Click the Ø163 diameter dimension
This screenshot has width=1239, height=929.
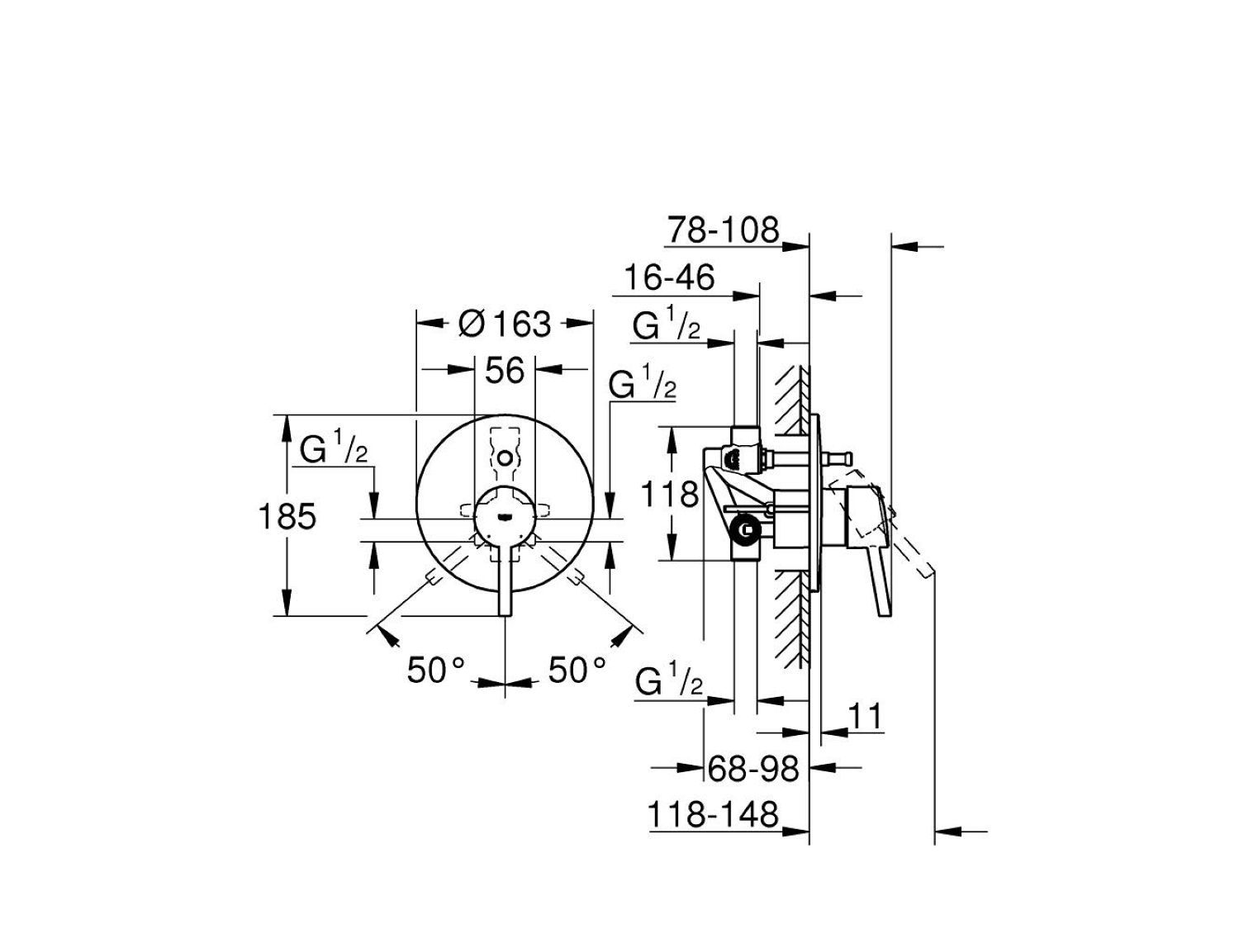(x=505, y=324)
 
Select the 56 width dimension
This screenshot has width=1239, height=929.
(x=505, y=371)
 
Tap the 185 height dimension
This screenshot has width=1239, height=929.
(x=287, y=517)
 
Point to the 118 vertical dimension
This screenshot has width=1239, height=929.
(x=671, y=495)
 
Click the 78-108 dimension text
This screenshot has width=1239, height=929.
(x=723, y=230)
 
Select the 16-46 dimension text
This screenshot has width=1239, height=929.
(x=669, y=278)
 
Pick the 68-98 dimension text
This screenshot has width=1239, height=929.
(x=754, y=769)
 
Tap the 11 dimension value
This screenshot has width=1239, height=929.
(x=864, y=717)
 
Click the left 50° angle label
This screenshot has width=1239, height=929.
(x=437, y=670)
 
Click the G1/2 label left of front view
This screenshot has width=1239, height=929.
(x=334, y=451)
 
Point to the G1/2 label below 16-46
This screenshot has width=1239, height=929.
(x=667, y=327)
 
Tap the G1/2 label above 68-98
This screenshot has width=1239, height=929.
(x=669, y=683)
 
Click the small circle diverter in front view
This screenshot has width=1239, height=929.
(x=505, y=456)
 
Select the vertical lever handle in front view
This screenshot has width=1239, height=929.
(x=505, y=578)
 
